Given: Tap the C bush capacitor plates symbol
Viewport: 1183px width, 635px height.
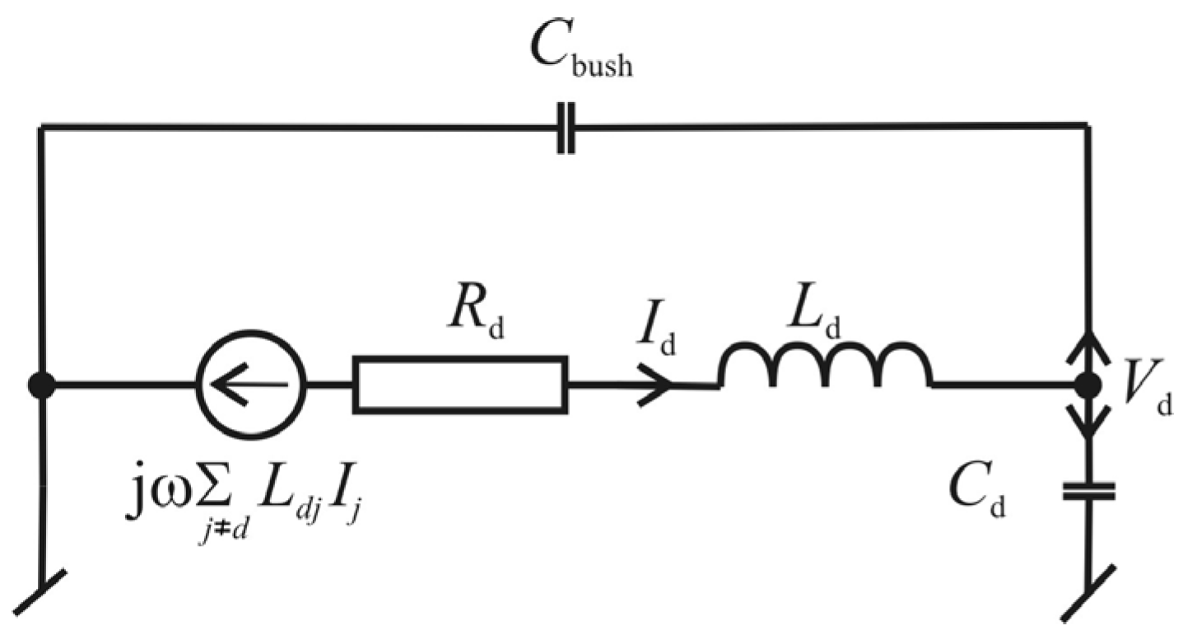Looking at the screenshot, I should point(565,127).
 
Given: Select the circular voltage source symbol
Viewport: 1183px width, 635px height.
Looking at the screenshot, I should point(251,385).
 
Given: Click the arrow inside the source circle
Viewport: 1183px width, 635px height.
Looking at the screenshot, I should point(247,385).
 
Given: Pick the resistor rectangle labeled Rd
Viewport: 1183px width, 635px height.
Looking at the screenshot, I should point(460,385).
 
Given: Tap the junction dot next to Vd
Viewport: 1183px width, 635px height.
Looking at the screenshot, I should point(1089,385).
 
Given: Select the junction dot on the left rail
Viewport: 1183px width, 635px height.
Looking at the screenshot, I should point(41,385).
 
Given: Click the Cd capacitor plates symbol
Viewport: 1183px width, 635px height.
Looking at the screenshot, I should point(1089,493).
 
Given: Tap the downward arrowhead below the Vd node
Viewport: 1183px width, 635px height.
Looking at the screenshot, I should point(1089,425).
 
